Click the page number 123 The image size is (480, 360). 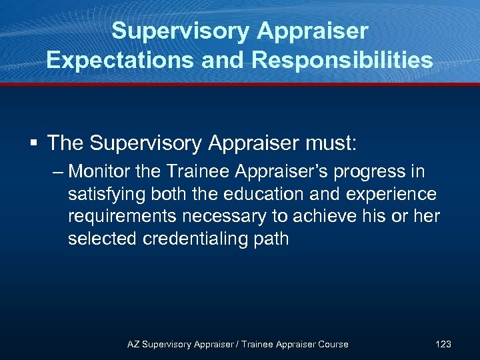[x=443, y=344]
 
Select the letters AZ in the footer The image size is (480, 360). [x=133, y=344]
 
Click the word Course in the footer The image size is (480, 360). [x=333, y=344]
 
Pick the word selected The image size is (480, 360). [x=103, y=239]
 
